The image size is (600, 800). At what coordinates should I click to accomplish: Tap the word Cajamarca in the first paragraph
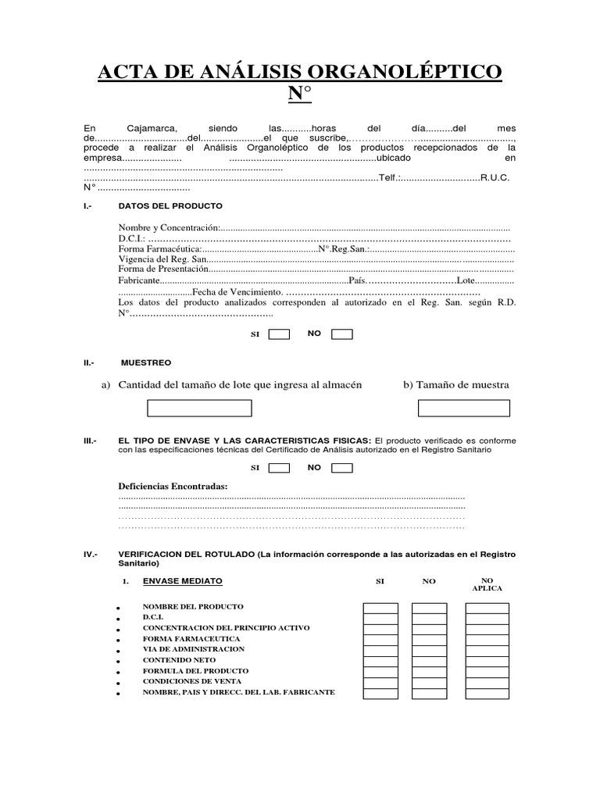point(152,127)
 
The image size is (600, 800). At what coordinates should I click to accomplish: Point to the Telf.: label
point(390,177)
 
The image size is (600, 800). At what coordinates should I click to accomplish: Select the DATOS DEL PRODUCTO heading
point(170,206)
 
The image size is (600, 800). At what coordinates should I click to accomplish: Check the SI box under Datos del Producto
point(279,334)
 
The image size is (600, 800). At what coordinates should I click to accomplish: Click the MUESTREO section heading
point(146,363)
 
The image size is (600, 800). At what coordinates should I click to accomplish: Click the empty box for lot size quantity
point(200,409)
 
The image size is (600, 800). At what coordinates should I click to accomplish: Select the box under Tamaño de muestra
point(463,409)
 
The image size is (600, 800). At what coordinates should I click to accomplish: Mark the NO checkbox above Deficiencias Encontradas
point(341,468)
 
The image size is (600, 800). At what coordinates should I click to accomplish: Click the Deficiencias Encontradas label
point(173,487)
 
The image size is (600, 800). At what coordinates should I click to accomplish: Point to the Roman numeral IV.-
point(89,554)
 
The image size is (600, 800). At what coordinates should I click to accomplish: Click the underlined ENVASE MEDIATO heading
point(182,581)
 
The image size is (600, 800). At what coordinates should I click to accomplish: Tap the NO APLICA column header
point(487,584)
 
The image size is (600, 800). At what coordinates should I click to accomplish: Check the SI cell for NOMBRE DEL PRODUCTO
point(380,608)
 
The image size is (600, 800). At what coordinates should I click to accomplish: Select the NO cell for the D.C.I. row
point(428,618)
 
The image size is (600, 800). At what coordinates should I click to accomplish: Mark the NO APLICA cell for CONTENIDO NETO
point(487,661)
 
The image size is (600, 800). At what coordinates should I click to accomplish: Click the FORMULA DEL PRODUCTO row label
point(195,671)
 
